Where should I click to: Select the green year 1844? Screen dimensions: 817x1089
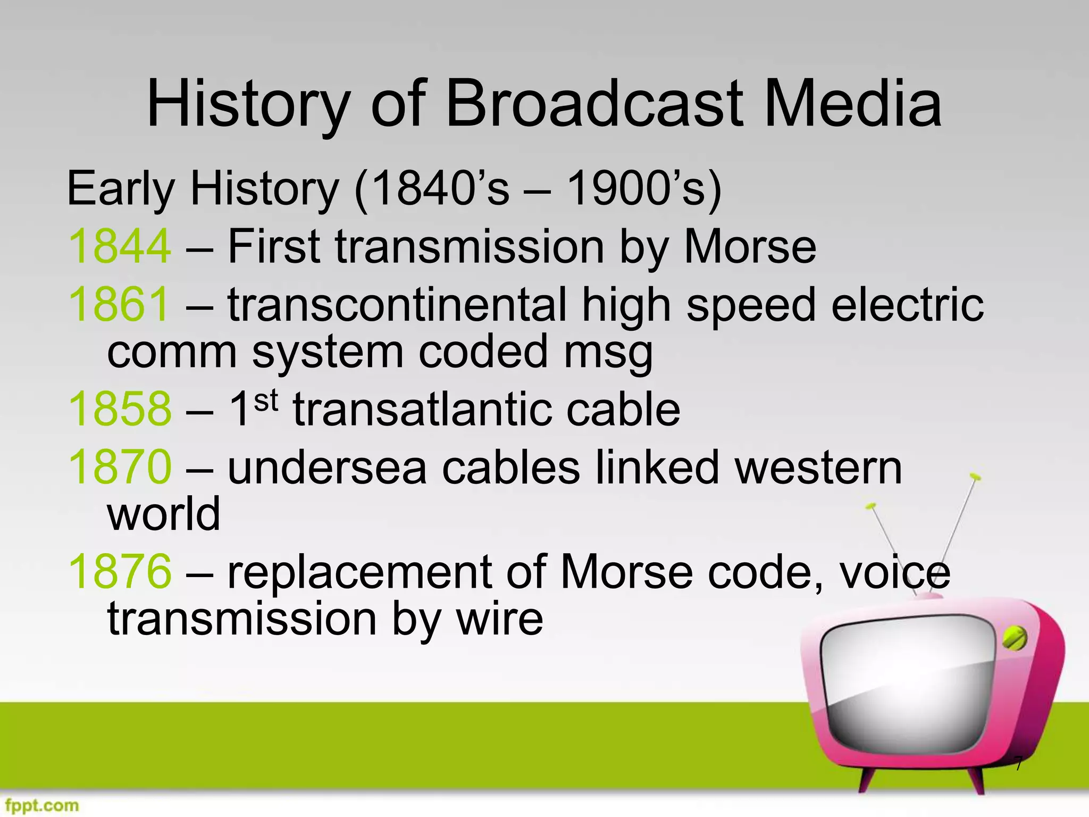[120, 246]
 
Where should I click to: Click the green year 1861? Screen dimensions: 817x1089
[119, 304]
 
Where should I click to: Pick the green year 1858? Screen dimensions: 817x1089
[120, 409]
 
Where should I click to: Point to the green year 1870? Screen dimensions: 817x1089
[120, 467]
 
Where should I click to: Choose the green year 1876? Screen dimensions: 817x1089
[120, 572]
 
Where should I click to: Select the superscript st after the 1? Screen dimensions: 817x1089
[266, 400]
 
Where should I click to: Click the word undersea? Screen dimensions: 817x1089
[327, 467]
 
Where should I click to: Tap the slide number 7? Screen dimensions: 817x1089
[1018, 764]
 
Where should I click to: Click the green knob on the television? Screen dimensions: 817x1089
[1014, 638]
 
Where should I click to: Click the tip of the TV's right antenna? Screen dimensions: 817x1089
[974, 476]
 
